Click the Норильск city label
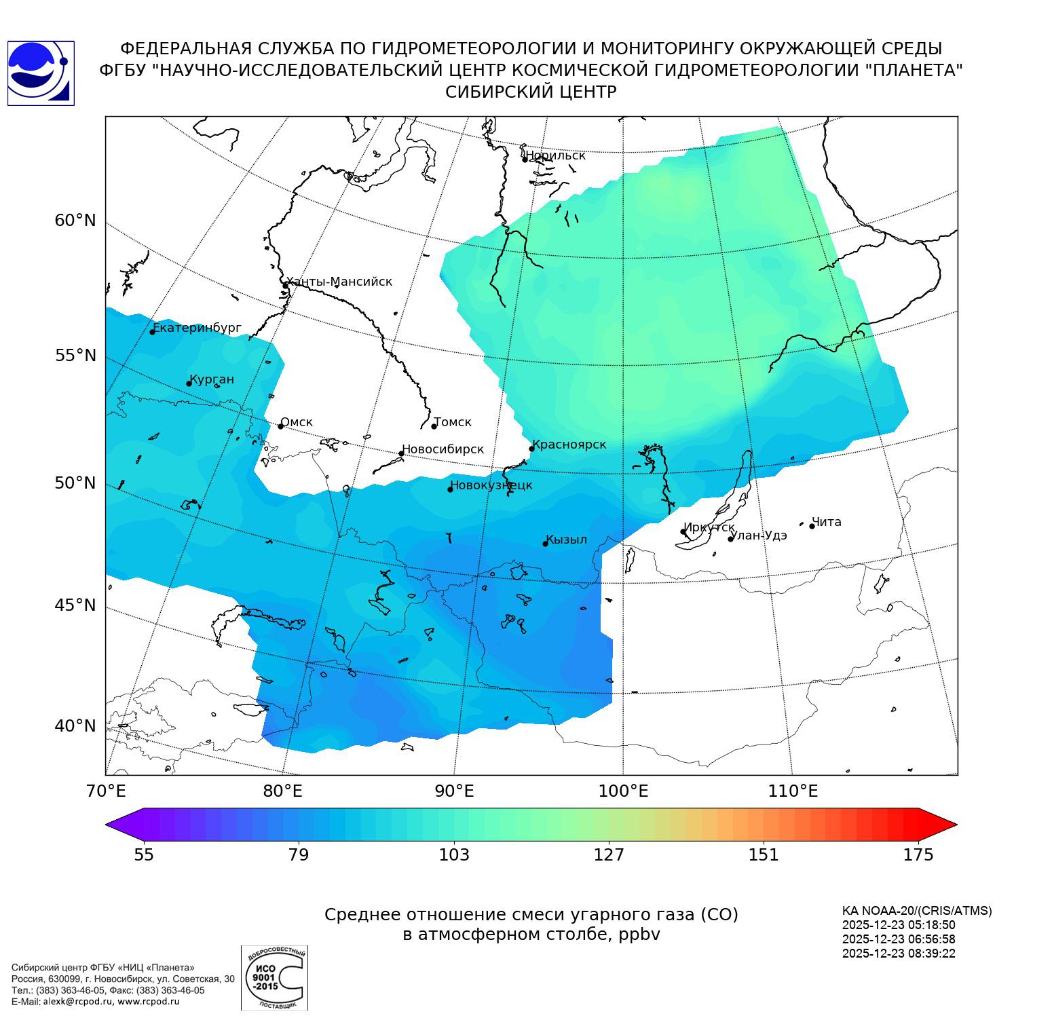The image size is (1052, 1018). [x=555, y=155]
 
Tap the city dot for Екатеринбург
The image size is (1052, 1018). [x=153, y=331]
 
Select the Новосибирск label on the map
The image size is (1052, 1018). [x=443, y=449]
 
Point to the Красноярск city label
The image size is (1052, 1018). [x=569, y=445]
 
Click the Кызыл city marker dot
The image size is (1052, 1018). [x=545, y=544]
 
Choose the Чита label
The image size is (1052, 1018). [x=827, y=522]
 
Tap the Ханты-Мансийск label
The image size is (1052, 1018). [x=339, y=282]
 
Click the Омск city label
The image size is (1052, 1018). [x=297, y=422]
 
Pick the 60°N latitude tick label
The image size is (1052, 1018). [x=75, y=221]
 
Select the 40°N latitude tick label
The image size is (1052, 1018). [x=75, y=725]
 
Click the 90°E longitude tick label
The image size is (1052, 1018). [x=454, y=791]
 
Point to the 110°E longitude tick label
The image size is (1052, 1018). [x=793, y=791]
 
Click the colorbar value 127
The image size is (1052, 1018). [x=609, y=854]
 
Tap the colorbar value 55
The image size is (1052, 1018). [x=144, y=854]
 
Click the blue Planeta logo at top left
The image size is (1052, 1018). [x=41, y=73]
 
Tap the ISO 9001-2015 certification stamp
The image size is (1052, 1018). [x=274, y=977]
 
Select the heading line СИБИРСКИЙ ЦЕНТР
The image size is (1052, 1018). [x=531, y=92]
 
